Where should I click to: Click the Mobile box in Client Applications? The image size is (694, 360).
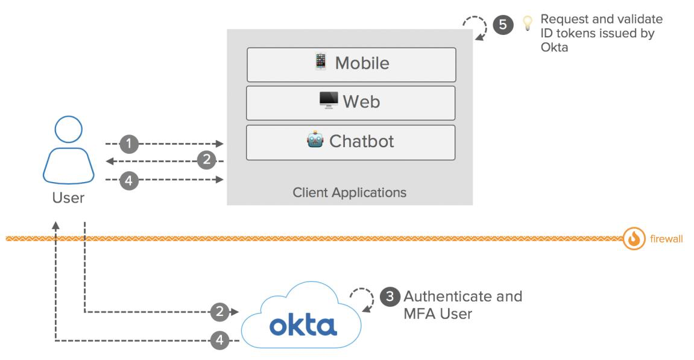[x=351, y=65]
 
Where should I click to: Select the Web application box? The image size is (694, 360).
[x=350, y=103]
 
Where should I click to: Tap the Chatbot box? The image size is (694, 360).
[x=350, y=142]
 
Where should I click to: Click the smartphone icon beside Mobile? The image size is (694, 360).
[x=320, y=62]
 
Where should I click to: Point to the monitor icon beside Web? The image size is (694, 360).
[x=329, y=101]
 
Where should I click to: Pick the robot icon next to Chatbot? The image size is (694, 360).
[x=315, y=141]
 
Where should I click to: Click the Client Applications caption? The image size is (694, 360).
[x=349, y=193]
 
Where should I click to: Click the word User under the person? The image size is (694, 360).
[x=68, y=198]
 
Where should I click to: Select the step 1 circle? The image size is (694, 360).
[x=129, y=144]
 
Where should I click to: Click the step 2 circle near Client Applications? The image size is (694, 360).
[x=207, y=161]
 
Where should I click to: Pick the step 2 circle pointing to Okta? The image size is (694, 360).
[x=219, y=312]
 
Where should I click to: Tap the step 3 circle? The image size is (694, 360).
[x=390, y=297]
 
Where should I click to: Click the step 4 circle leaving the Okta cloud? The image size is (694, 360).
[x=219, y=341]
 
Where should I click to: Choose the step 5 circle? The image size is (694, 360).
[x=503, y=25]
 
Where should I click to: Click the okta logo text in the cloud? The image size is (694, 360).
[x=303, y=325]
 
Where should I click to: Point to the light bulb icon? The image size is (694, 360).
[x=528, y=24]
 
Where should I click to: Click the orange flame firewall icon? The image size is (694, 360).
[x=634, y=239]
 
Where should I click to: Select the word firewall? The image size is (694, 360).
[x=666, y=239]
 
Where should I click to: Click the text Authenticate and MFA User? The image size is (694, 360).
[x=462, y=305]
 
